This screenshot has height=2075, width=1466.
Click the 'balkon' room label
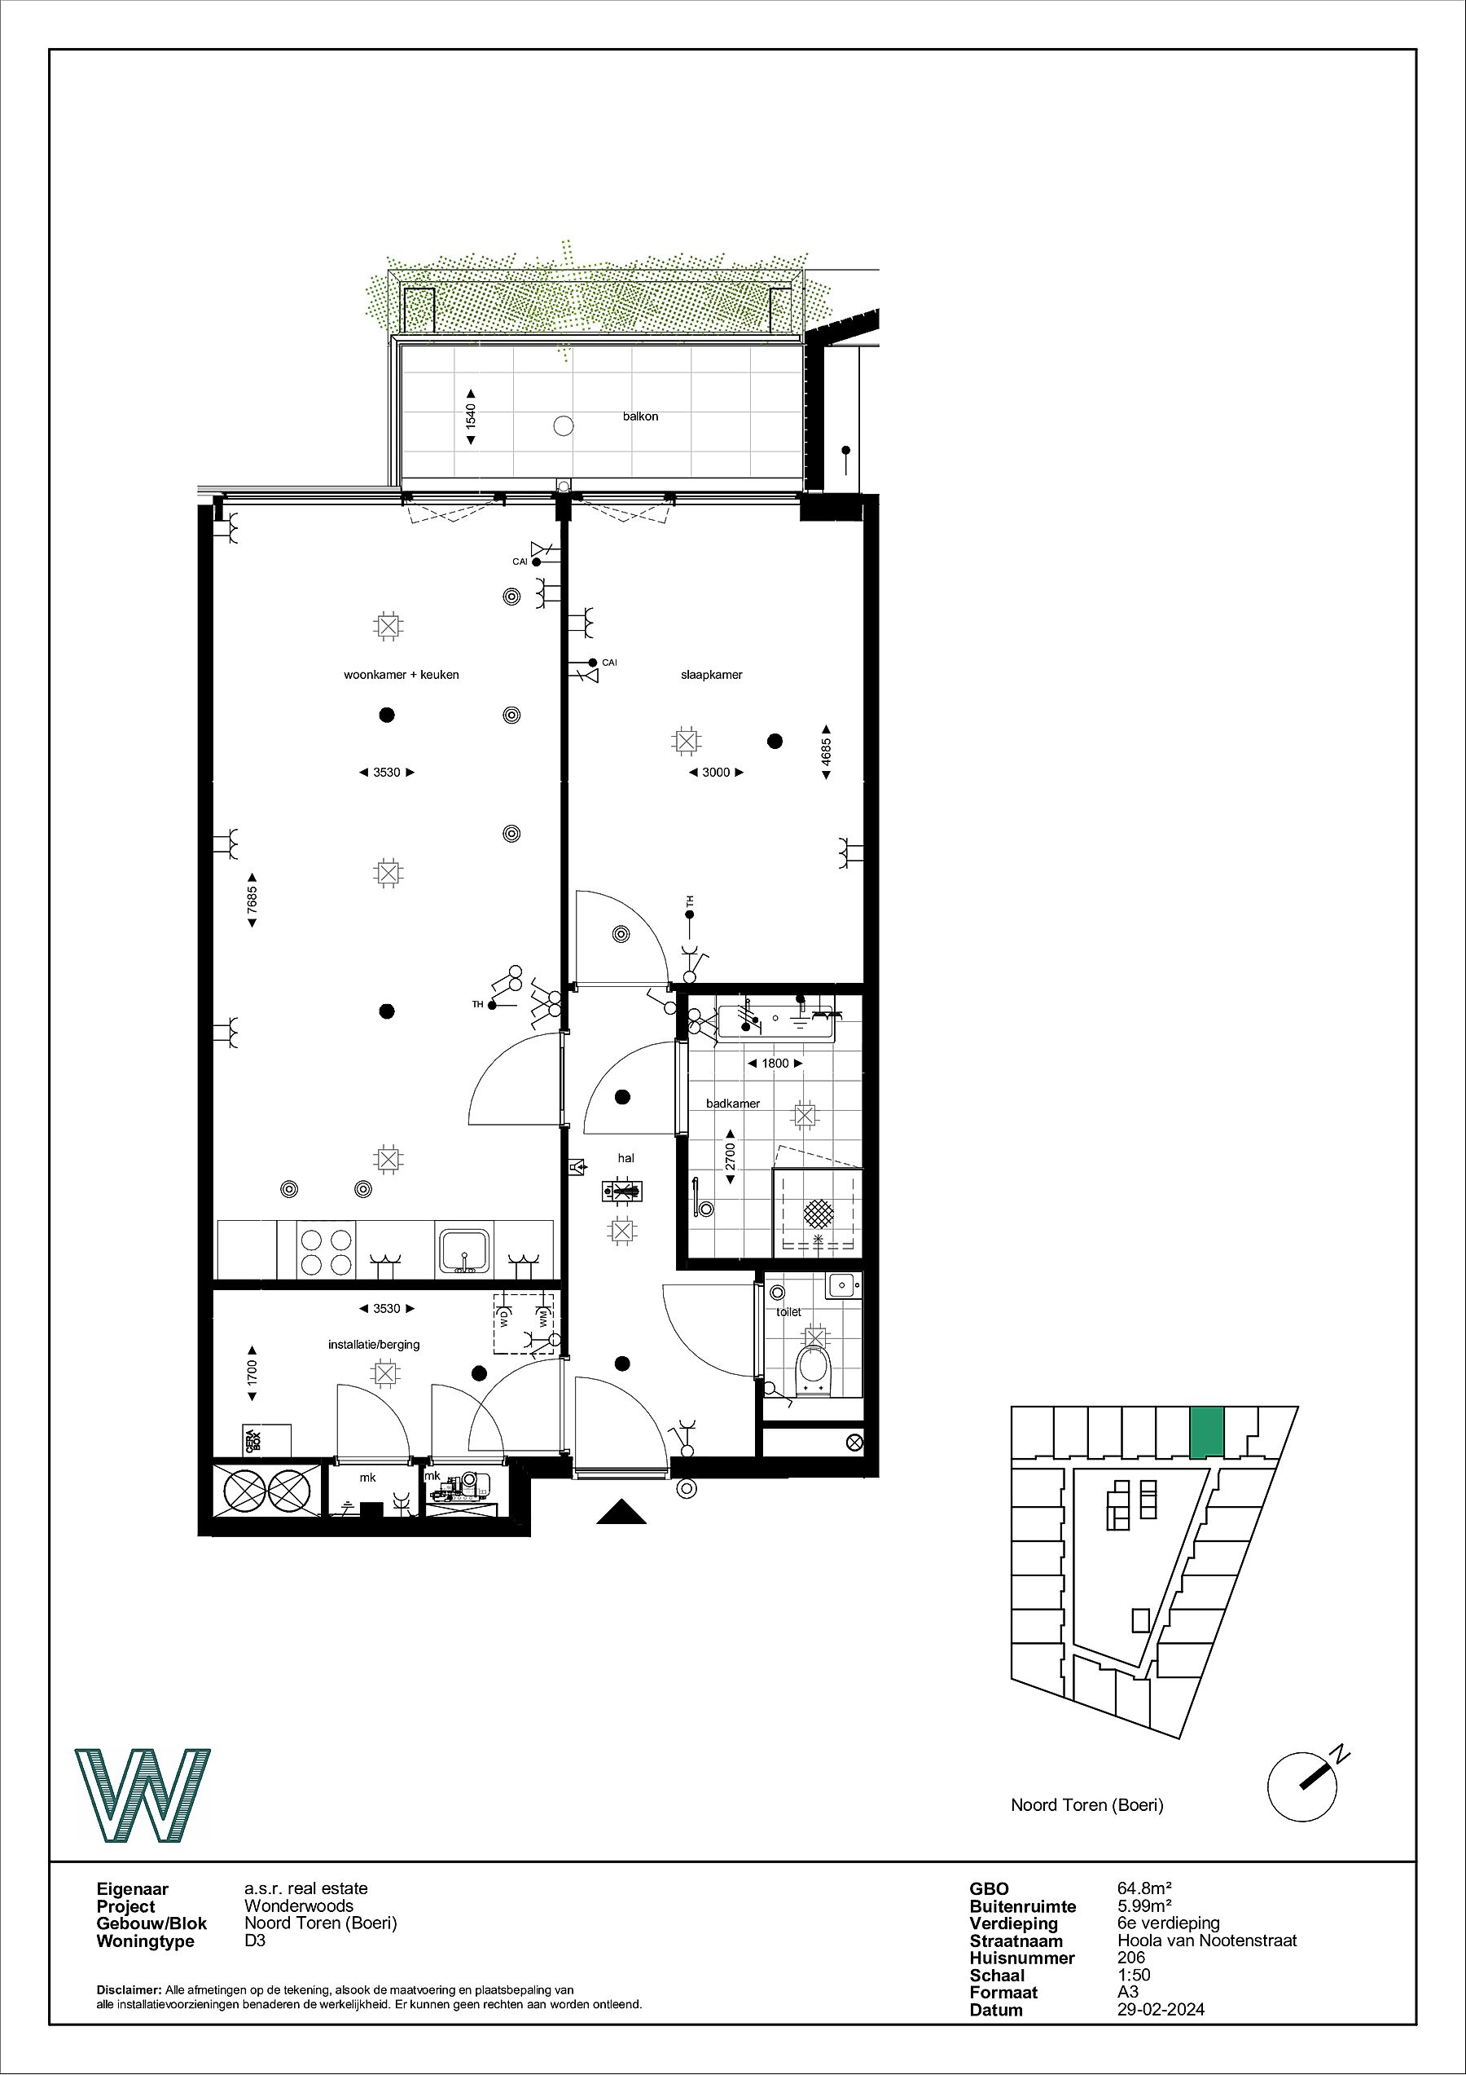click(x=640, y=416)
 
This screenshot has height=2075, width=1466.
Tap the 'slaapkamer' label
click(x=712, y=674)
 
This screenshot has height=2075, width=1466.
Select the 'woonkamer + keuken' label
click(x=401, y=674)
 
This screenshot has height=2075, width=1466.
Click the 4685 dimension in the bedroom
click(x=826, y=752)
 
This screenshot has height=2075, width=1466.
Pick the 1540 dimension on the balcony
click(x=471, y=416)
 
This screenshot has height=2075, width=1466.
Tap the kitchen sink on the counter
click(x=464, y=1250)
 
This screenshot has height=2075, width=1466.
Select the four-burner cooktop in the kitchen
click(x=326, y=1251)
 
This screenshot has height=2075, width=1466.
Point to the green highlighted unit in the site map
click(x=1206, y=1433)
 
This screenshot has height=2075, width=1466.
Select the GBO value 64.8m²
click(x=1144, y=1888)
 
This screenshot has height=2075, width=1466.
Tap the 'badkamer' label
click(x=732, y=1104)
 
